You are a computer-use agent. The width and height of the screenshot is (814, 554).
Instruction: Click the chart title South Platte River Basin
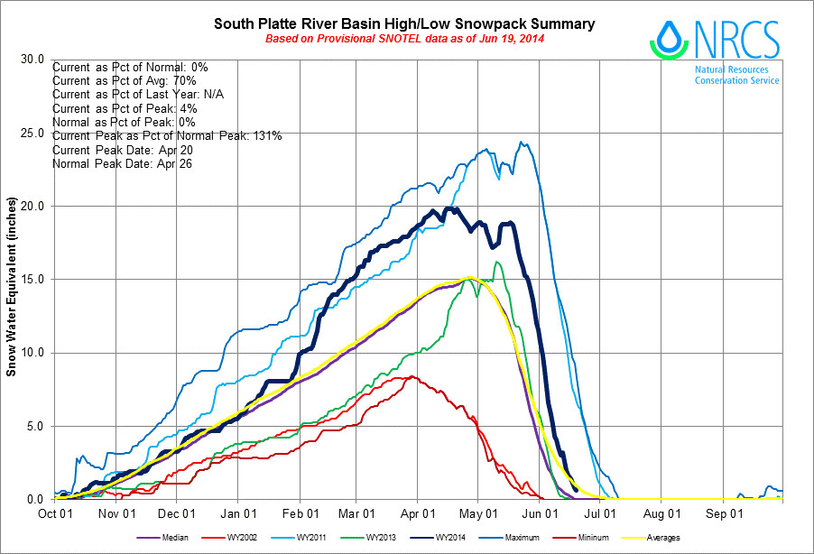(404, 23)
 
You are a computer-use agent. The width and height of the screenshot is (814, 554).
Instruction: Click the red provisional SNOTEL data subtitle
(404, 39)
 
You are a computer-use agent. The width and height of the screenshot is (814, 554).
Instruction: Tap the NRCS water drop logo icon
(669, 40)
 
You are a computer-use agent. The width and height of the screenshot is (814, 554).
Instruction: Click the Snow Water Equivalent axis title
(12, 280)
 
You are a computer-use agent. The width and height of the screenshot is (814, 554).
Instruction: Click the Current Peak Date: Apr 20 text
(116, 150)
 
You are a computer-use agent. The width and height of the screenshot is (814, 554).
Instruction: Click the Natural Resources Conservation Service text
(737, 75)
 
